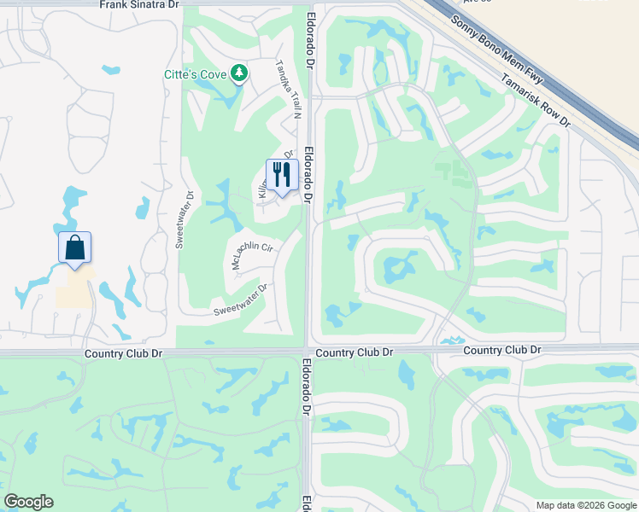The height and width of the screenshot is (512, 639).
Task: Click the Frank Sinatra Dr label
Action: (138, 5)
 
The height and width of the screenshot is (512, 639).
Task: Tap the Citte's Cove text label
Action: (195, 74)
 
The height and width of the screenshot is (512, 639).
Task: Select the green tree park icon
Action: (240, 74)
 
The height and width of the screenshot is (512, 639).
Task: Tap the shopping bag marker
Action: (75, 248)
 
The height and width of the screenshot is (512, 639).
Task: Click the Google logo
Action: (28, 502)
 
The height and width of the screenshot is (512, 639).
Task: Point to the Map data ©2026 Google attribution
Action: (586, 505)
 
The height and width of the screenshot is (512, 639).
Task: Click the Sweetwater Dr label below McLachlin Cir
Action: (240, 299)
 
